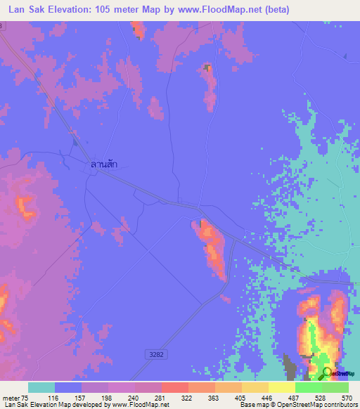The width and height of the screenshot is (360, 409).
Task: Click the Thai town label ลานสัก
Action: coord(103,164)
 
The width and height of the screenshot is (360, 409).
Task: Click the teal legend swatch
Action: coord(41,387)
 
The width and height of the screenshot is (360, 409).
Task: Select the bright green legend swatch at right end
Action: coord(335,387)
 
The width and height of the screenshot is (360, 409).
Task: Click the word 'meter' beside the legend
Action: coord(12,397)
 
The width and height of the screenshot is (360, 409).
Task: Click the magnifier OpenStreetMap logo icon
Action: coord(327,372)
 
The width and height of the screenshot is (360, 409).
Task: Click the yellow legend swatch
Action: coord(282,387)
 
